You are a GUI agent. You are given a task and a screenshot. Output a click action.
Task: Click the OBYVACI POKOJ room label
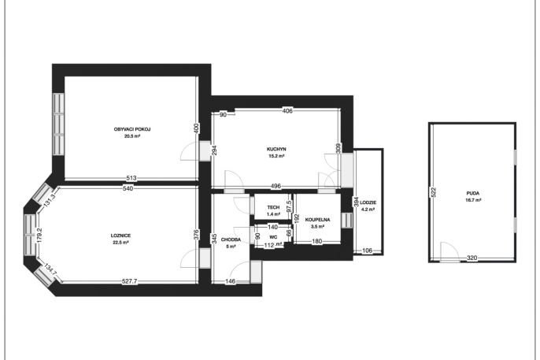pyautogui.click(x=132, y=129)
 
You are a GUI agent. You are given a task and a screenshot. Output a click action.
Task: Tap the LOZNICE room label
pyautogui.click(x=120, y=236)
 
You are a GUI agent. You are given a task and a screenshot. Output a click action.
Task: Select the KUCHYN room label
pyautogui.click(x=276, y=149)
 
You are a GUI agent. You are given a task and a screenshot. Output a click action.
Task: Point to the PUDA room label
pyautogui.click(x=474, y=194)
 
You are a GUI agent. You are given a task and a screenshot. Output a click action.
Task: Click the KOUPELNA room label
pyautogui.click(x=317, y=220)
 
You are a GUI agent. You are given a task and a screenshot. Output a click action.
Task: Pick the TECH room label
pyautogui.click(x=273, y=207)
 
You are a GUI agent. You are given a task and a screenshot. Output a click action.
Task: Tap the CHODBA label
pyautogui.click(x=231, y=239)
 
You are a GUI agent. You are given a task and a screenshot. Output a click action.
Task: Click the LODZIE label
pyautogui.click(x=368, y=202)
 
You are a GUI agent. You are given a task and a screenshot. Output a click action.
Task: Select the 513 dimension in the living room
pyautogui.click(x=131, y=178)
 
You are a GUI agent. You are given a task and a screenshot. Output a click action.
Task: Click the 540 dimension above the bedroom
pyautogui.click(x=128, y=188)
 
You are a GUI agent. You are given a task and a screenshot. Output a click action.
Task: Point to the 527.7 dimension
pyautogui.click(x=129, y=281)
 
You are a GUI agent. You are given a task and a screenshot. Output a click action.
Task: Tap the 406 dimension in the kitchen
pyautogui.click(x=287, y=111)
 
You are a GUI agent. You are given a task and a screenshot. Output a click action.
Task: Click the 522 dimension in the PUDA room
pyautogui.click(x=433, y=192)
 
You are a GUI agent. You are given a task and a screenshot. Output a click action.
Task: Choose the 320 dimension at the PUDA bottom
pyautogui.click(x=472, y=258)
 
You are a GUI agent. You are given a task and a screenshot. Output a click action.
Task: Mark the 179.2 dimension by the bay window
pyautogui.click(x=39, y=236)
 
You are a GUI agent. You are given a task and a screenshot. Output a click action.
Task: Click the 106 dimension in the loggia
pyautogui.click(x=368, y=251)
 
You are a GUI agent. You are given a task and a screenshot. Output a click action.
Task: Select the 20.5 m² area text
pyautogui.click(x=132, y=136)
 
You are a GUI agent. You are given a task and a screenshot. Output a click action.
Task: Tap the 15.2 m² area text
pyautogui.click(x=276, y=156)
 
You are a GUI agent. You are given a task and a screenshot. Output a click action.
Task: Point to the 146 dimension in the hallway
pyautogui.click(x=230, y=281)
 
